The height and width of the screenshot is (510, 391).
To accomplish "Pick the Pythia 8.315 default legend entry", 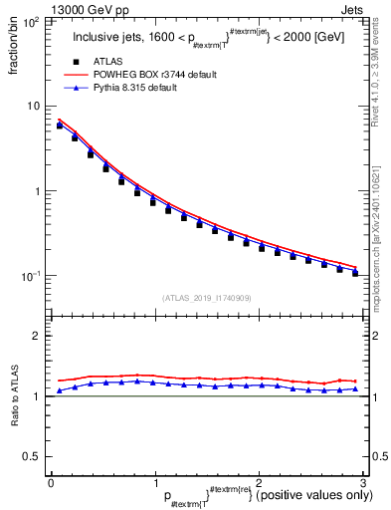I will [140, 88].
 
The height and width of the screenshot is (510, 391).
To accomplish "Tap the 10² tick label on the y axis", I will [31, 21].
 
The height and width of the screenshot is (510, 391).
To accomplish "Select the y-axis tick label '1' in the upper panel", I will [37, 191].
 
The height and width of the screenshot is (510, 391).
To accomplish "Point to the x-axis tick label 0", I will [51, 482].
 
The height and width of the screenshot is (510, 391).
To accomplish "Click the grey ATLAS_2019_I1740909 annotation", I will [206, 298].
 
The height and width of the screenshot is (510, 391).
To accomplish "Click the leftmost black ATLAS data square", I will [60, 126].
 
